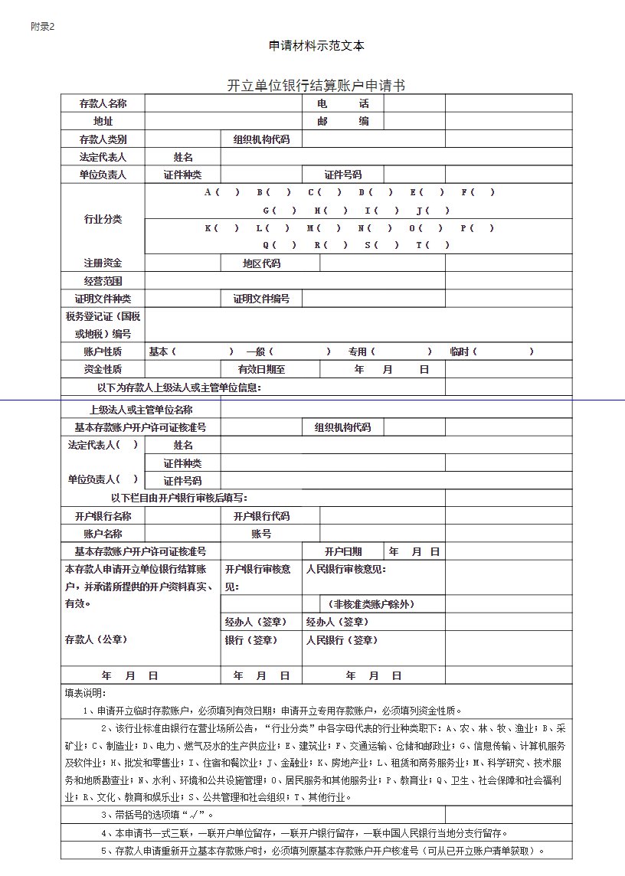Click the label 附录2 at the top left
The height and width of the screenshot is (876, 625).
coord(42,27)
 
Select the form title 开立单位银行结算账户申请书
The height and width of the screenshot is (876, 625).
coord(316,85)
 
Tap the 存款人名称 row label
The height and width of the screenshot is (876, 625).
coord(103,103)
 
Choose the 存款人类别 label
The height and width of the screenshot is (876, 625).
coord(103,139)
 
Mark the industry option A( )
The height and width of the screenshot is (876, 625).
coord(222,192)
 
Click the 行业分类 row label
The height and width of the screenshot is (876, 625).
coord(103,219)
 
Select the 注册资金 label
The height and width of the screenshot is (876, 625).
coord(103,263)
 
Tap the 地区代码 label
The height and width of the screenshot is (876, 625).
coord(261,263)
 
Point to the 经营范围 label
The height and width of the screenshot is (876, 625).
coord(103,281)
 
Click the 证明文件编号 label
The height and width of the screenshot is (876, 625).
coord(261,299)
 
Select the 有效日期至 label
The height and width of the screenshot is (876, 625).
coord(261,369)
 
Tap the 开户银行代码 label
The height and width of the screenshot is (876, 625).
coord(261,516)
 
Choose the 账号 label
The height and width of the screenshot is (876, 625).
coord(261,534)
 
